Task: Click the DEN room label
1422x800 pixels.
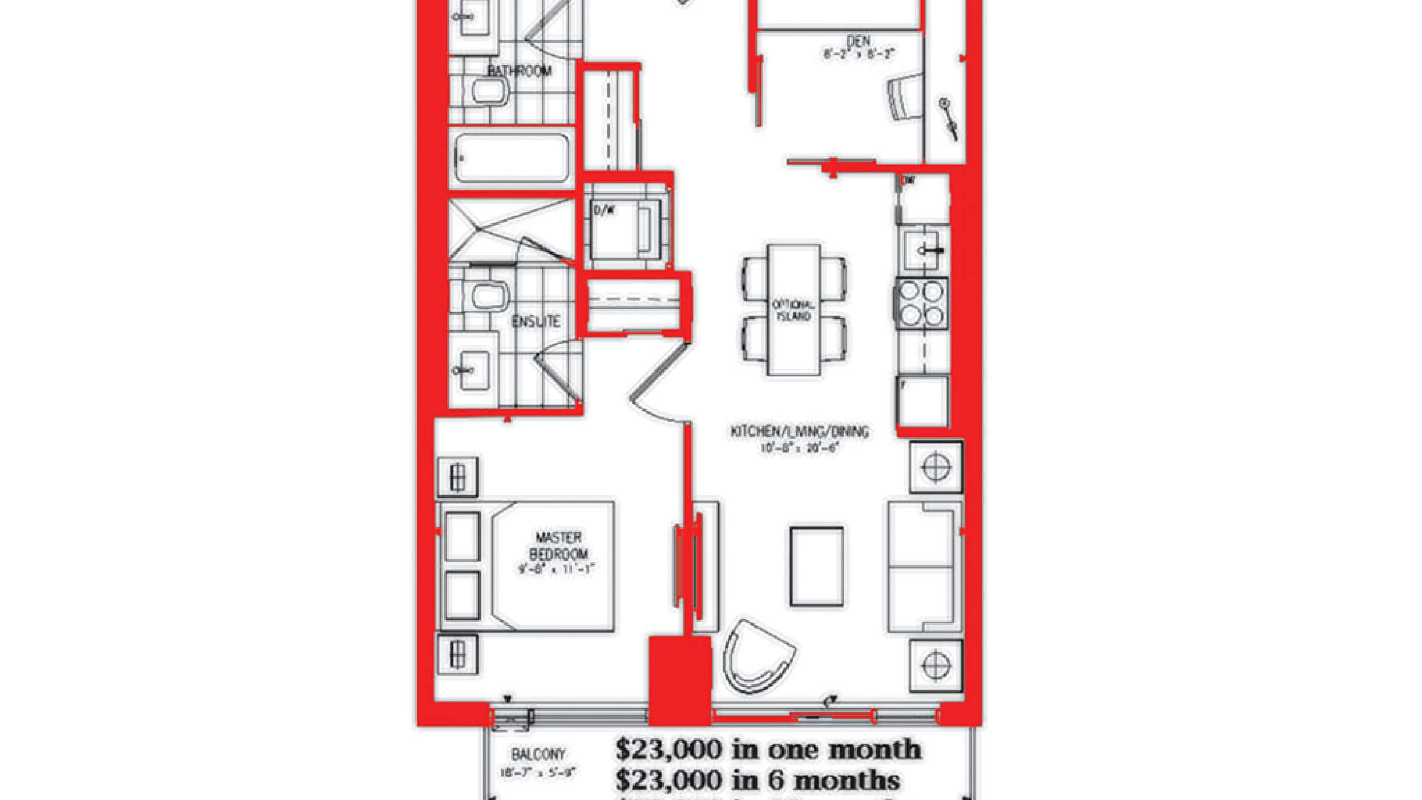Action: pos(858,41)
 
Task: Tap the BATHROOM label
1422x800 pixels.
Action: pos(519,71)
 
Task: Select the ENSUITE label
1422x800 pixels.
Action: pos(536,321)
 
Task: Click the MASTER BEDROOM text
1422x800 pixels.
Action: pos(558,546)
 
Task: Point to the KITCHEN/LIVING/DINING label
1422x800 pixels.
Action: pos(799,431)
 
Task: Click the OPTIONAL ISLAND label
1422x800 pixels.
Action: pos(793,311)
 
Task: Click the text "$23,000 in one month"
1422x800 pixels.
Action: pos(768,750)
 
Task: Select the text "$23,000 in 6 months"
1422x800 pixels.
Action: pos(758,780)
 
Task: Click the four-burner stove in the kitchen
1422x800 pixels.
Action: pos(921,303)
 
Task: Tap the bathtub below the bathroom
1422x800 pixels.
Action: pos(512,158)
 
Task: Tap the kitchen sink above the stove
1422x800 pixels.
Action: pos(924,251)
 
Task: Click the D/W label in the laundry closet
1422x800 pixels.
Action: pos(603,211)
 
